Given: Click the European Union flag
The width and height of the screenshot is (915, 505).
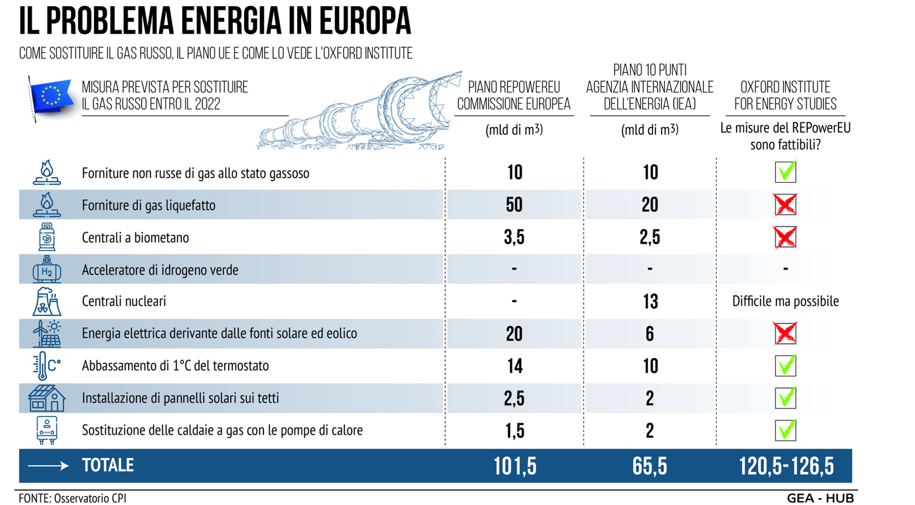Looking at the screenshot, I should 51,97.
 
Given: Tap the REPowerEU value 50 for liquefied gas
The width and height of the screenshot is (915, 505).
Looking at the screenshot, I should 514,205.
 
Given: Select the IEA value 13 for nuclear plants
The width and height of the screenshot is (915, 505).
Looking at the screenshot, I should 650,301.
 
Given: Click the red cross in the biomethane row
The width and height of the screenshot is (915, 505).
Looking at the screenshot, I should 785,237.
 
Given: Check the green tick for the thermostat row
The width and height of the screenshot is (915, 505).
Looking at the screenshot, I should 785,365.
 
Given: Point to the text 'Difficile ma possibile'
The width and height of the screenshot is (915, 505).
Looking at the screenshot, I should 785,301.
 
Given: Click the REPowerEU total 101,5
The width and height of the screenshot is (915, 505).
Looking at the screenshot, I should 515,466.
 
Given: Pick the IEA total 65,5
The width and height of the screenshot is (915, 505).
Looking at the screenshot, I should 649,466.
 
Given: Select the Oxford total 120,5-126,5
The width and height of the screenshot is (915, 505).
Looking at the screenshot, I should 786,466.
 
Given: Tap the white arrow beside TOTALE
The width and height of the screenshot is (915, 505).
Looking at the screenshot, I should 49,466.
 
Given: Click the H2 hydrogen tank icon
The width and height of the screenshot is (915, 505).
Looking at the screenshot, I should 47,269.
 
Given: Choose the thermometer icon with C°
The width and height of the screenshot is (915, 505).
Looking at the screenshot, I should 46,365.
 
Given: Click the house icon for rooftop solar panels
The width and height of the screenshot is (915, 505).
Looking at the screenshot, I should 46,398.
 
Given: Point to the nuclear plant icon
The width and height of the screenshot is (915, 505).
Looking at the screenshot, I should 46,301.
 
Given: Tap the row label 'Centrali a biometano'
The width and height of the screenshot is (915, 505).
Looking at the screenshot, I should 135,237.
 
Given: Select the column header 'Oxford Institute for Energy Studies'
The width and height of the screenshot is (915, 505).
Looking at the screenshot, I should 785,95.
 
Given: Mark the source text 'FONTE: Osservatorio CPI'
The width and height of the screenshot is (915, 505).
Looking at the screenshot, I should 72,498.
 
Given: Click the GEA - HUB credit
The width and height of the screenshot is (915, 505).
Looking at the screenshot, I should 820,498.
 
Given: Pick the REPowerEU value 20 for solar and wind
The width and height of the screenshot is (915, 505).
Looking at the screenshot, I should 514,333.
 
